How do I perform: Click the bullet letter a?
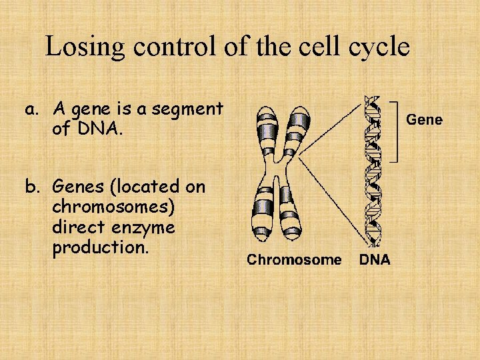pyautogui.click(x=30, y=109)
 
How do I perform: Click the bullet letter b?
pyautogui.click(x=31, y=187)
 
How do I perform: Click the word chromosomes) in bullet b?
pyautogui.click(x=113, y=207)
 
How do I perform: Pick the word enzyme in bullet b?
pyautogui.click(x=142, y=227)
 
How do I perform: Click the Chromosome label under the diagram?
pyautogui.click(x=294, y=260)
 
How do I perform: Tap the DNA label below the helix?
pyautogui.click(x=375, y=260)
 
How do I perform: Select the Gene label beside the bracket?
pyautogui.click(x=424, y=120)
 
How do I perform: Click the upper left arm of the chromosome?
pyautogui.click(x=265, y=130)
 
